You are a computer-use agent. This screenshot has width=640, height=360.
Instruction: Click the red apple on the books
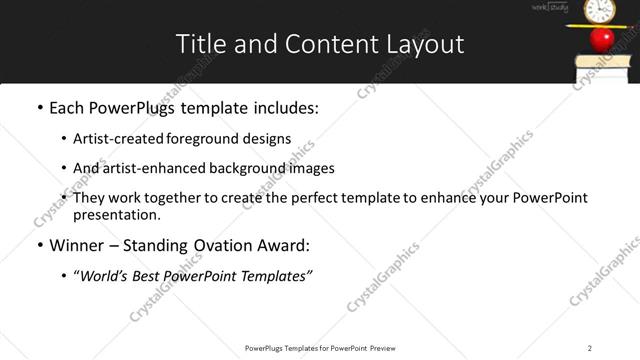coord(602,39)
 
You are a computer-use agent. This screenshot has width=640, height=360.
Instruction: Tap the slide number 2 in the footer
coord(589,347)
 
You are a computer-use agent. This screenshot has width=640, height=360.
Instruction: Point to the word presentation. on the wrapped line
coord(116,214)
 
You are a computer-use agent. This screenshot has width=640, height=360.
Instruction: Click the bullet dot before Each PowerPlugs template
coord(39,108)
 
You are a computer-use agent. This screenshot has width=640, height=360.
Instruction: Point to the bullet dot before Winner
coord(39,246)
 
